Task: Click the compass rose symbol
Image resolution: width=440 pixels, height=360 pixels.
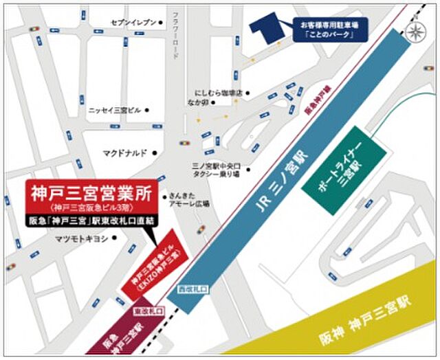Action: click(415, 31)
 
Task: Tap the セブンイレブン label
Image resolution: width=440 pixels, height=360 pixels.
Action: click(134, 23)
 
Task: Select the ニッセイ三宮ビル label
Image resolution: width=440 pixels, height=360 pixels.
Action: click(114, 110)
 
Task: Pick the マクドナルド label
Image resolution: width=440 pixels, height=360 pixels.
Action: click(124, 153)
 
